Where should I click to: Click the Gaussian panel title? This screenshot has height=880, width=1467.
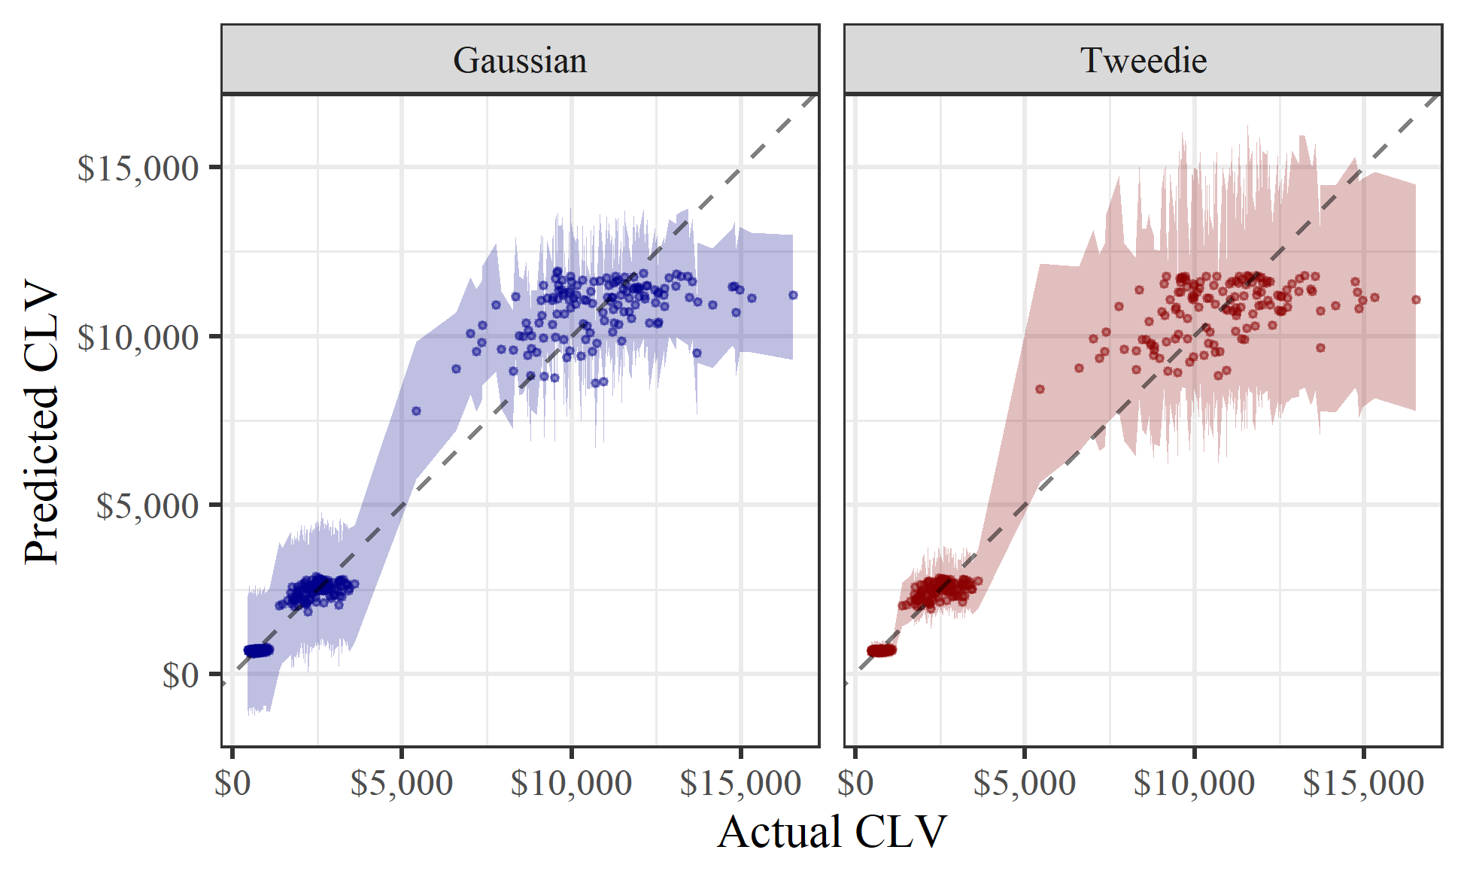[x=520, y=60]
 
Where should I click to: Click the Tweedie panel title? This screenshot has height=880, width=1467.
[x=1143, y=60]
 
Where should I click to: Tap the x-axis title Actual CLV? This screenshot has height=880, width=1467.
[x=831, y=833]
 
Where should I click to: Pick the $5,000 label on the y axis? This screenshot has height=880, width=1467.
[x=147, y=506]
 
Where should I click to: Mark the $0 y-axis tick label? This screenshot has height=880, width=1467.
[x=181, y=675]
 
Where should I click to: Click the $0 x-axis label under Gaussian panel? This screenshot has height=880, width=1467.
[x=232, y=784]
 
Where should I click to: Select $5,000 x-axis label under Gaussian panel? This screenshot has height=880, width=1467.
[x=402, y=784]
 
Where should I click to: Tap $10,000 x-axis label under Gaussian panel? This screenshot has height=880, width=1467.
[x=571, y=784]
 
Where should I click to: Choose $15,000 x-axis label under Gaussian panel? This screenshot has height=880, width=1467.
[x=740, y=784]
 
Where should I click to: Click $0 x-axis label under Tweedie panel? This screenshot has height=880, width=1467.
[x=855, y=784]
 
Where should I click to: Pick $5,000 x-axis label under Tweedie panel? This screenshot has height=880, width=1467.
[x=1025, y=784]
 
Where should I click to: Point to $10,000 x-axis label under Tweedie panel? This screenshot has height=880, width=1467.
[x=1194, y=784]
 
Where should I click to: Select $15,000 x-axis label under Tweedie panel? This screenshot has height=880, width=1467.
[x=1363, y=784]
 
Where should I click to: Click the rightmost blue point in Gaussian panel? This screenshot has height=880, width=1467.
[x=793, y=295]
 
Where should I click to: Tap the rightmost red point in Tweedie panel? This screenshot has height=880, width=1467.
[x=1416, y=299]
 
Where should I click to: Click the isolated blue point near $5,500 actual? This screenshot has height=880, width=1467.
[x=416, y=411]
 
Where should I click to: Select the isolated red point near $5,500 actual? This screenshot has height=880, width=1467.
[x=1040, y=389]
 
